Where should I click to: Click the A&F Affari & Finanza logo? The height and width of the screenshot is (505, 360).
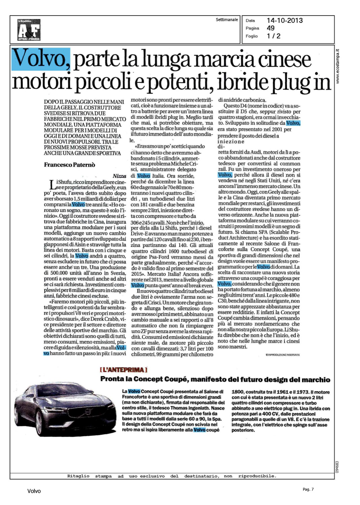coord(29,30)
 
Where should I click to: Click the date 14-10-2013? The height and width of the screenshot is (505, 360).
coord(285,21)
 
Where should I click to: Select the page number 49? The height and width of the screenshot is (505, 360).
coord(270,28)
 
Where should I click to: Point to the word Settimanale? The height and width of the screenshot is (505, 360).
coord(227,20)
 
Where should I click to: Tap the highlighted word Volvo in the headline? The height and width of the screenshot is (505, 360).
coord(41,59)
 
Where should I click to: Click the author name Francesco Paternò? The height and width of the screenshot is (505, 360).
coord(69,165)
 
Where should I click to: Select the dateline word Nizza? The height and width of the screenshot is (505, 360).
coord(119,176)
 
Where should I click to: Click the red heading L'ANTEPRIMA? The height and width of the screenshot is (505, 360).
coord(123,370)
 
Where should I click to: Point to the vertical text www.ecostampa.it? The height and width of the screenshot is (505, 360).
coord(338,66)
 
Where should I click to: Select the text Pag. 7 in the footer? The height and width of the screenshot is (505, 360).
coord(308,489)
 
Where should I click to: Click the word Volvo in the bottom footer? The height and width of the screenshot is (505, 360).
coord(34,491)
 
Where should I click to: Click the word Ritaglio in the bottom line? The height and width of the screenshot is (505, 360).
coord(78,476)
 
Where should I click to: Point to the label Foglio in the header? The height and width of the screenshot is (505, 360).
coord(252,36)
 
